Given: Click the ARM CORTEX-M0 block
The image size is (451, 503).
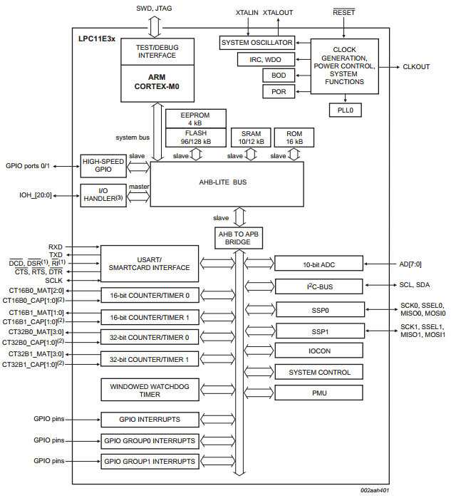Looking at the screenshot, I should pos(157,82).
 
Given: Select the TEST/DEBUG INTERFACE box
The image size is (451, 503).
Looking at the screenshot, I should pos(157,51).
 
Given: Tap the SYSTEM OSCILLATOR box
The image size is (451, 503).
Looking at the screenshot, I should pos(256,43).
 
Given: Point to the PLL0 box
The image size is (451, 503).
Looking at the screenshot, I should pos(345,110).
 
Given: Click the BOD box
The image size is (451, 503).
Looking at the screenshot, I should pos(279,75).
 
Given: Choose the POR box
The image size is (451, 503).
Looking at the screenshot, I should pos(279,91).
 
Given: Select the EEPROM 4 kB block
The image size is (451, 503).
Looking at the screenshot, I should pos(195,118).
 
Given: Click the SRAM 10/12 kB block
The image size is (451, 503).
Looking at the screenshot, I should pos(251,138).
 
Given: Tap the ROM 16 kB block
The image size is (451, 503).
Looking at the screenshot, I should pos(294,138).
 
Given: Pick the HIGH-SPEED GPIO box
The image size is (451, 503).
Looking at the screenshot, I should pos(103,166).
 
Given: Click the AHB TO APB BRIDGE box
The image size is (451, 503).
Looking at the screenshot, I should pos(239,237).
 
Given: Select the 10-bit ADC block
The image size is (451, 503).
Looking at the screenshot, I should pos(318,264).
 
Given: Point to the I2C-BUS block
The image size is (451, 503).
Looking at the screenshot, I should pos(318,287).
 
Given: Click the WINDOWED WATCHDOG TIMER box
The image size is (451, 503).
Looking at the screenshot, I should pos(150,389).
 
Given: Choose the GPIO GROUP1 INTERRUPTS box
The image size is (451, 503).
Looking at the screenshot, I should pos(150,462).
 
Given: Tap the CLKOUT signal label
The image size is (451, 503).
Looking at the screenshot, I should pos(416,67).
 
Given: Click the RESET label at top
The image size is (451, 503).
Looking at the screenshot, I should pos(344,13).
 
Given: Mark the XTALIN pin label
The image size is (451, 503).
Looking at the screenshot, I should pos(247,13).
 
